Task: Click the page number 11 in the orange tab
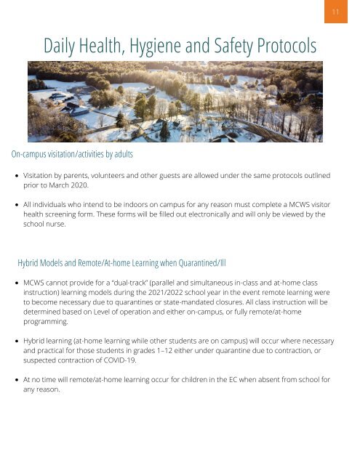(336, 12)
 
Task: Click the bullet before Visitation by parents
(16, 176)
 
